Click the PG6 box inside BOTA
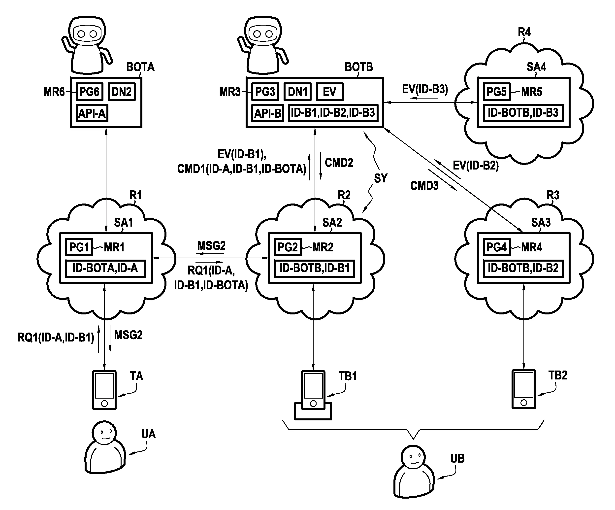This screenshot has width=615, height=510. (x=89, y=92)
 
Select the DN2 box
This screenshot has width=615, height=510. (x=122, y=92)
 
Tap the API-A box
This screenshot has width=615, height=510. (x=92, y=113)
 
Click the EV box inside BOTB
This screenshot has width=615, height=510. (x=329, y=92)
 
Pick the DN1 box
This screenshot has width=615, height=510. (x=297, y=92)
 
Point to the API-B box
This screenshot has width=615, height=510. (x=268, y=113)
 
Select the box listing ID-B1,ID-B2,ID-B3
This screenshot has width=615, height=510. (x=333, y=113)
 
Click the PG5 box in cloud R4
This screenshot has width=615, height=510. (x=496, y=92)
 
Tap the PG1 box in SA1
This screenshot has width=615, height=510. (x=79, y=247)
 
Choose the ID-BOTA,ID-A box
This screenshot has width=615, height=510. (x=105, y=268)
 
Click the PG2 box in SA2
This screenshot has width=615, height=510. (x=288, y=247)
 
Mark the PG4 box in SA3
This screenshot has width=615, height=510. (x=496, y=247)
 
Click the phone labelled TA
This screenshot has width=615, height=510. (x=104, y=390)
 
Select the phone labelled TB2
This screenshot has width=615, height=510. (x=524, y=390)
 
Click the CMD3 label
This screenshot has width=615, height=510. (x=424, y=186)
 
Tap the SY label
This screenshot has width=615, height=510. (x=381, y=178)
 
